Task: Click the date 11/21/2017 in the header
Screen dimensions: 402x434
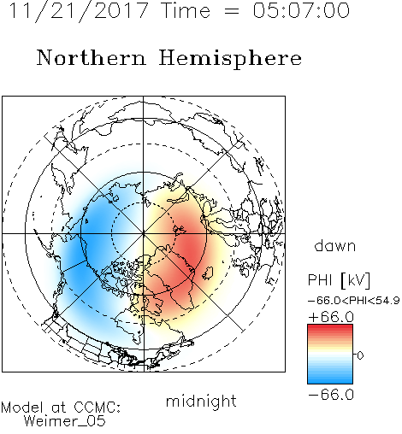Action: click(x=79, y=11)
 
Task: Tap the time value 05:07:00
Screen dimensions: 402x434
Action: click(x=301, y=10)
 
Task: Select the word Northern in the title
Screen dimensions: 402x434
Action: click(x=92, y=57)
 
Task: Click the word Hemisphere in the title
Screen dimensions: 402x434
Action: click(x=230, y=59)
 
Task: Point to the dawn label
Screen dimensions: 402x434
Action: click(x=335, y=246)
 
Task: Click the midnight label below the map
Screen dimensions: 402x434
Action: click(x=201, y=402)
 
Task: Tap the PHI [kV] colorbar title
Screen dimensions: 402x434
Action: click(x=339, y=280)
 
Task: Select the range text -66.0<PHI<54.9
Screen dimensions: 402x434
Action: click(x=354, y=301)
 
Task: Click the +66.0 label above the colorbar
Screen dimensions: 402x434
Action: click(x=331, y=317)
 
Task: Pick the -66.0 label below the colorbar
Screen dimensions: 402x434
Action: click(x=331, y=395)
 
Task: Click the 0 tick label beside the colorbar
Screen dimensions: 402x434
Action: click(x=360, y=355)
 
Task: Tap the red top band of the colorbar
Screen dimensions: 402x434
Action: click(x=330, y=328)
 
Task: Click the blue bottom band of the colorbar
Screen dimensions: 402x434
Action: click(x=330, y=380)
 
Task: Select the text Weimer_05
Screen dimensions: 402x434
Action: click(x=65, y=421)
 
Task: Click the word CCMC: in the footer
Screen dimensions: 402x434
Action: click(x=97, y=408)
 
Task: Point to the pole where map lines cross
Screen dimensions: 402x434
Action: click(x=144, y=233)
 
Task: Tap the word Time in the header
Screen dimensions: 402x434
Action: click(x=186, y=10)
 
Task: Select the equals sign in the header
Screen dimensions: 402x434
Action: click(x=232, y=11)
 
